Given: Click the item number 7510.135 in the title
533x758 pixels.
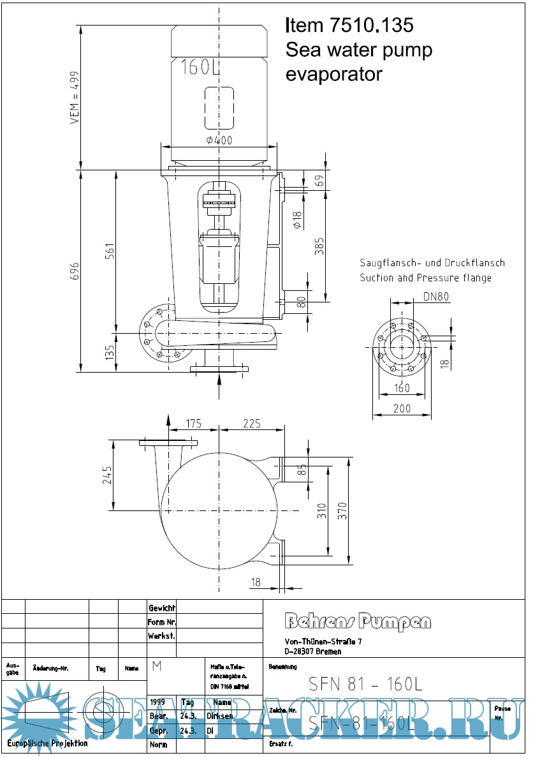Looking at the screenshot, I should coord(371,26).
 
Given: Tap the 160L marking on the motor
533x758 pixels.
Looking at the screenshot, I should coord(200,66).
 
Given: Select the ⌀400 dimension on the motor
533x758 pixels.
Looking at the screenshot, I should coord(219,141).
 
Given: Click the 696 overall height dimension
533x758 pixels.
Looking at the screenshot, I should coord(75,271).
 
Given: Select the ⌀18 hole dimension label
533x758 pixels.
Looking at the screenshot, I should coord(297,220).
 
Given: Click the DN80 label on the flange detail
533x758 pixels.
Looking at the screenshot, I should coord(435,296).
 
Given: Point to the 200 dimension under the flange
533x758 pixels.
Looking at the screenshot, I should coord(402,408).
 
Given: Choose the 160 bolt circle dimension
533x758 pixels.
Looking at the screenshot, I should coord(402,388).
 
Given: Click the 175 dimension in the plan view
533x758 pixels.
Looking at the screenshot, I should coord(194,424).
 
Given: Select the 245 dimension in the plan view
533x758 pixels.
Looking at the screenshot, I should coord(106,475).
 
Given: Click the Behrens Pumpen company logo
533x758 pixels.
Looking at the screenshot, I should coord(358,621).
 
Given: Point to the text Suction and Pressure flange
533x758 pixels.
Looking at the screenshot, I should coord(425,278).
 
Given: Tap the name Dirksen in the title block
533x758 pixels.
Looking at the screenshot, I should coord(219,716).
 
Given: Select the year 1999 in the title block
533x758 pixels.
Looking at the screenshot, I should coord(157,702).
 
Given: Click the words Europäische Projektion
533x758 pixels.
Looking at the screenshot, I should coord(48,743).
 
